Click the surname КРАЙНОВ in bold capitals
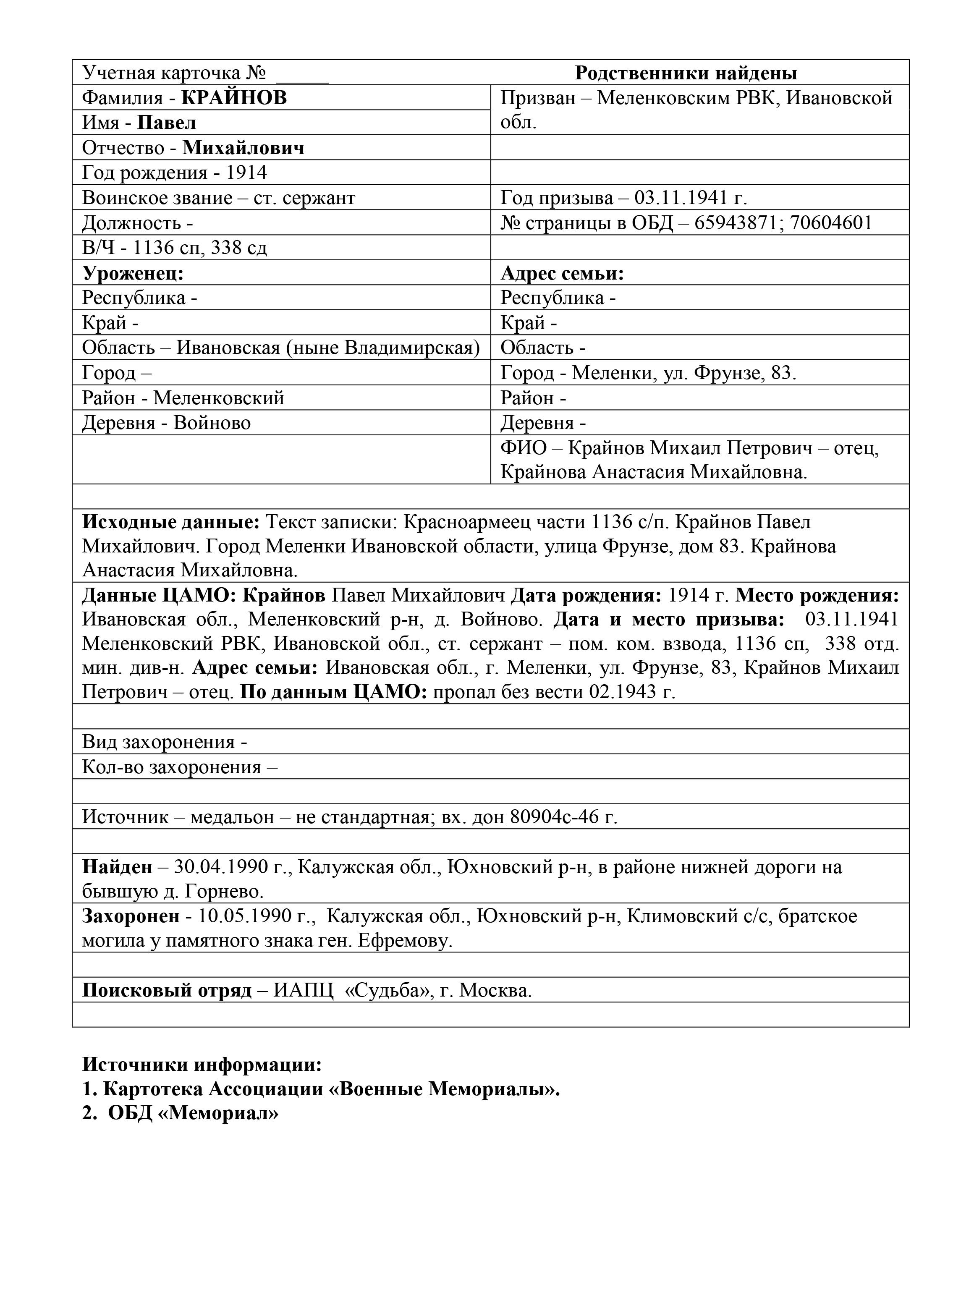234,97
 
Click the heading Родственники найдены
686,73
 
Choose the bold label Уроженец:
133,273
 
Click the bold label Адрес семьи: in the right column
562,273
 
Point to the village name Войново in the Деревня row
212,423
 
